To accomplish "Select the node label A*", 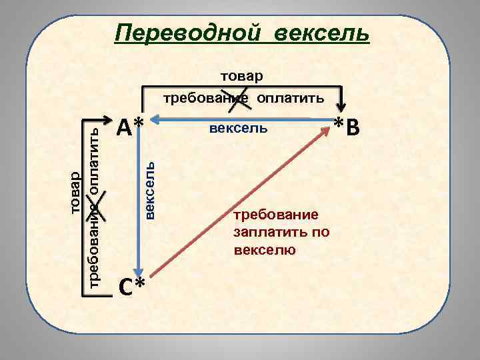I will coord(130,125).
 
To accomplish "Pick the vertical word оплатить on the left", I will coord(95,155).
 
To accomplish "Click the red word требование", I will coord(281,215).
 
